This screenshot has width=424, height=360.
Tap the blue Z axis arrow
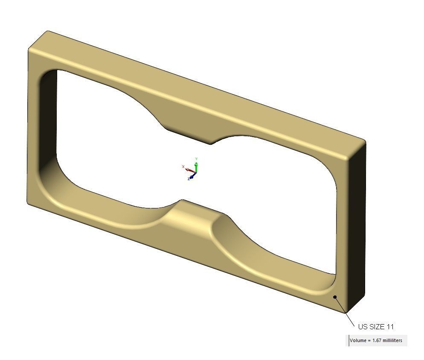click(x=192, y=175)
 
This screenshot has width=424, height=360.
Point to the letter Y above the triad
click(x=196, y=159)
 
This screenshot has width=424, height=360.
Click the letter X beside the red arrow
click(x=183, y=167)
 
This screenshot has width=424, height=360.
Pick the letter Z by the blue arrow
click(x=188, y=179)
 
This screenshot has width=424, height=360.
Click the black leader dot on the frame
click(x=335, y=297)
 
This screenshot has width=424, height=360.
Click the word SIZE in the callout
click(x=376, y=327)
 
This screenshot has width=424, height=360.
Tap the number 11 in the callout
click(x=390, y=327)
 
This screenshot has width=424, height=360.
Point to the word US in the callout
click(x=362, y=327)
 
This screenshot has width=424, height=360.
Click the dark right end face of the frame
click(x=357, y=226)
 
